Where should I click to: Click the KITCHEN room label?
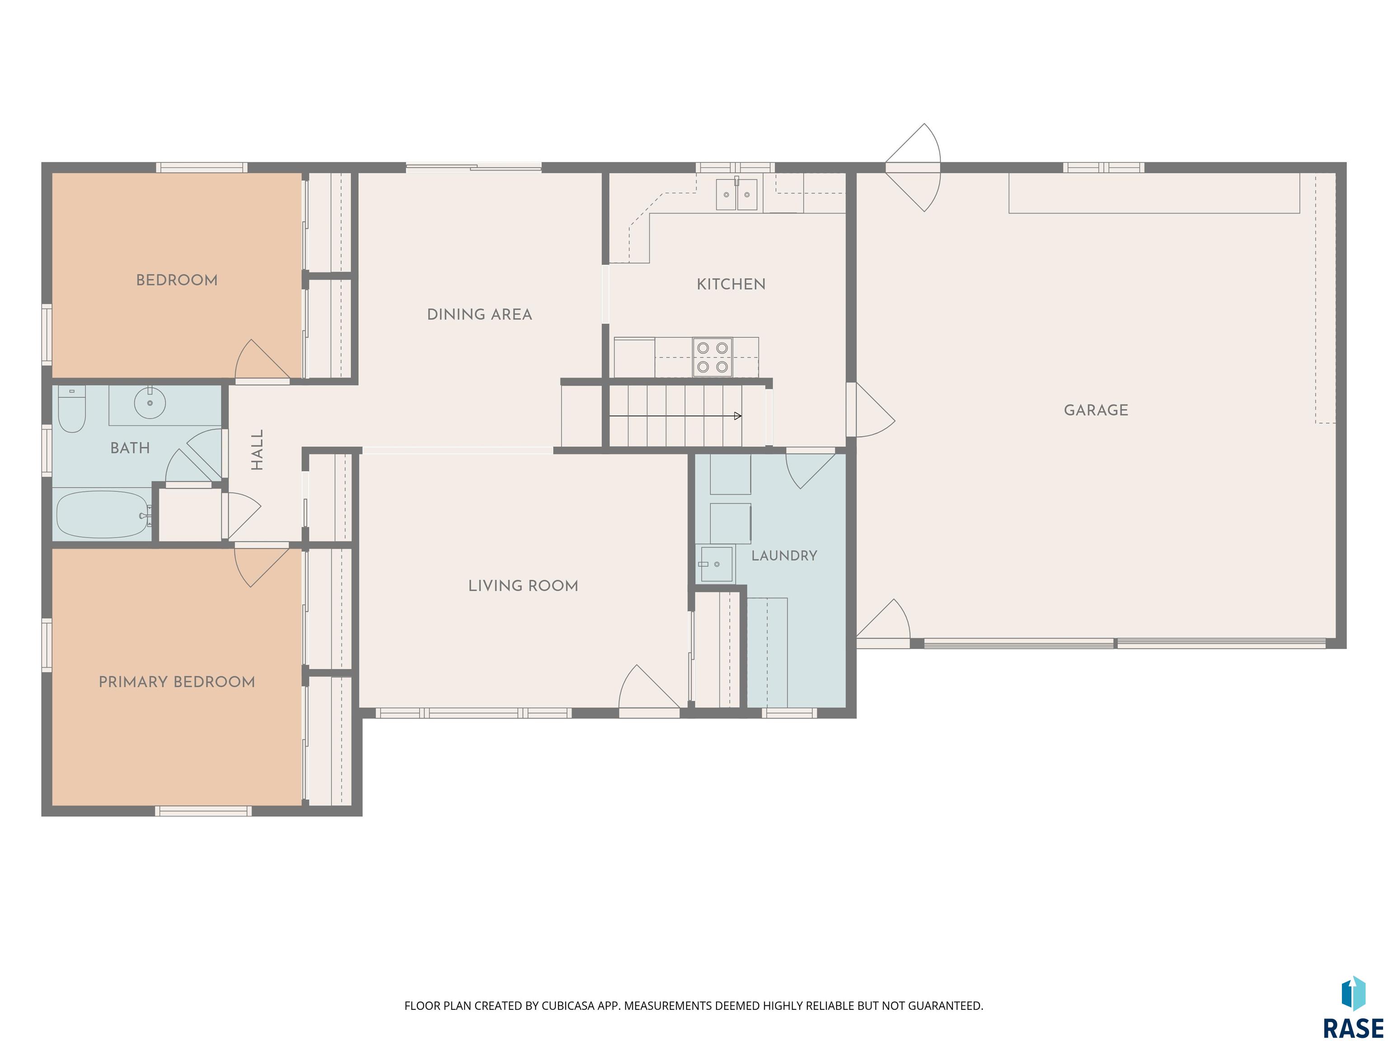point(731,284)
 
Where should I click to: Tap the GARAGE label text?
point(1096,410)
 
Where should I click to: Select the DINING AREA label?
point(479,314)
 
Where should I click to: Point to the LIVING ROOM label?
point(523,586)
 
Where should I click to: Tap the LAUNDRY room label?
point(784,555)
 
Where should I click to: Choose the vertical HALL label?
point(257,450)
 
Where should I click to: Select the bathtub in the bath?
point(103,515)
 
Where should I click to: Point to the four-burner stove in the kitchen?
point(712,357)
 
